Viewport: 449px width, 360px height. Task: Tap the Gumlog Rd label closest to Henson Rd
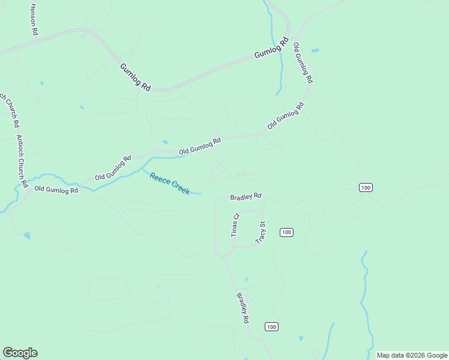135,77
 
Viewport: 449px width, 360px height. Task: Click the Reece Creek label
170,184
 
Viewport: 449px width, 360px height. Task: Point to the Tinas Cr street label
235,225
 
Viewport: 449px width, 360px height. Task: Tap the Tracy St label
261,232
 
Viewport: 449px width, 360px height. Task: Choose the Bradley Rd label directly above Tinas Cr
246,196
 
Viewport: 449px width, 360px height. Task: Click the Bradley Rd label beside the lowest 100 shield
243,308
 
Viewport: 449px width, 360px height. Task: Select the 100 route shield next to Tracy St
286,232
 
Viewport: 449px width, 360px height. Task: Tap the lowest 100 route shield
272,326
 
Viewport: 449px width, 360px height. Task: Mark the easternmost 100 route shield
366,188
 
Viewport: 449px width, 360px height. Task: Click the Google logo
20,353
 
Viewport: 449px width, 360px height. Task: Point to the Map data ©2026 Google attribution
412,355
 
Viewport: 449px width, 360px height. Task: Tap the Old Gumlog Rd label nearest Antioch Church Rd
56,190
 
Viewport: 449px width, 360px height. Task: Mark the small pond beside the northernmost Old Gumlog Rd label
315,50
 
